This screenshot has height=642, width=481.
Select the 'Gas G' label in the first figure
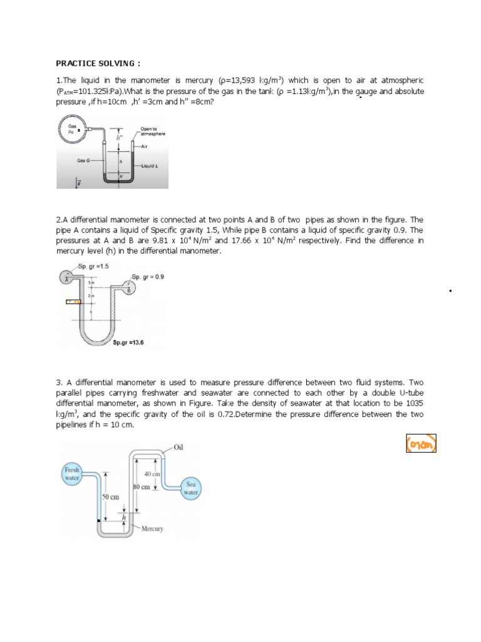(x=83, y=160)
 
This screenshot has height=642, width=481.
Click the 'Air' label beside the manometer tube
(x=143, y=147)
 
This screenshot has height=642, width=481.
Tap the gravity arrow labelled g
(x=78, y=183)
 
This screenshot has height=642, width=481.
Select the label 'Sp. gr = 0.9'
(x=148, y=276)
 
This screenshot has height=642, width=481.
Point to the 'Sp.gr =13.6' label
(x=128, y=343)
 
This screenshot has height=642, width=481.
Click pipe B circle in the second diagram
(x=129, y=290)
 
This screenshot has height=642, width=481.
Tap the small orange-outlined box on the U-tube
(x=75, y=302)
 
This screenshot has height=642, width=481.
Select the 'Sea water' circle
(x=190, y=488)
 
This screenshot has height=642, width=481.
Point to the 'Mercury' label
(x=152, y=529)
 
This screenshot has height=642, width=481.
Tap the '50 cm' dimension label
(x=110, y=497)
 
